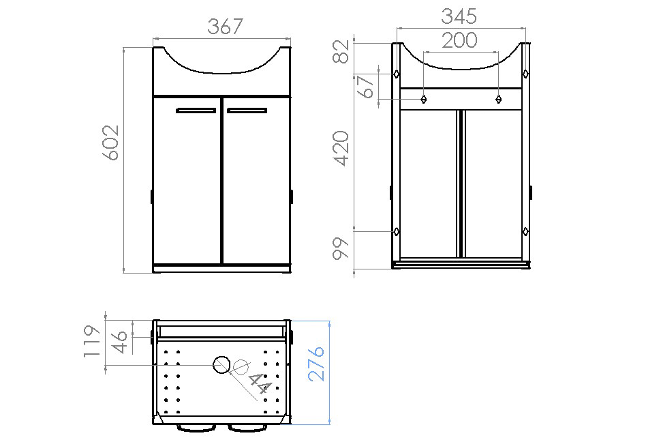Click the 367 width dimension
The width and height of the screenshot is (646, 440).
click(225, 27)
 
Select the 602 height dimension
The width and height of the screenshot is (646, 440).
click(111, 142)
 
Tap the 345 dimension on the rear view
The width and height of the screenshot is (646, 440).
click(459, 17)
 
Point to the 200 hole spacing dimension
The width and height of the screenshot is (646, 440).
click(459, 40)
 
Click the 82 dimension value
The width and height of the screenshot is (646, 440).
click(341, 51)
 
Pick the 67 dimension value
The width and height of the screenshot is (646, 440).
click(366, 87)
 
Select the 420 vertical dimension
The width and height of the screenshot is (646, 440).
click(341, 149)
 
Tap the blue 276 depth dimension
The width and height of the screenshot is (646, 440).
click(316, 364)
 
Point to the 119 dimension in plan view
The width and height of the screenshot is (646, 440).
click(92, 342)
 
